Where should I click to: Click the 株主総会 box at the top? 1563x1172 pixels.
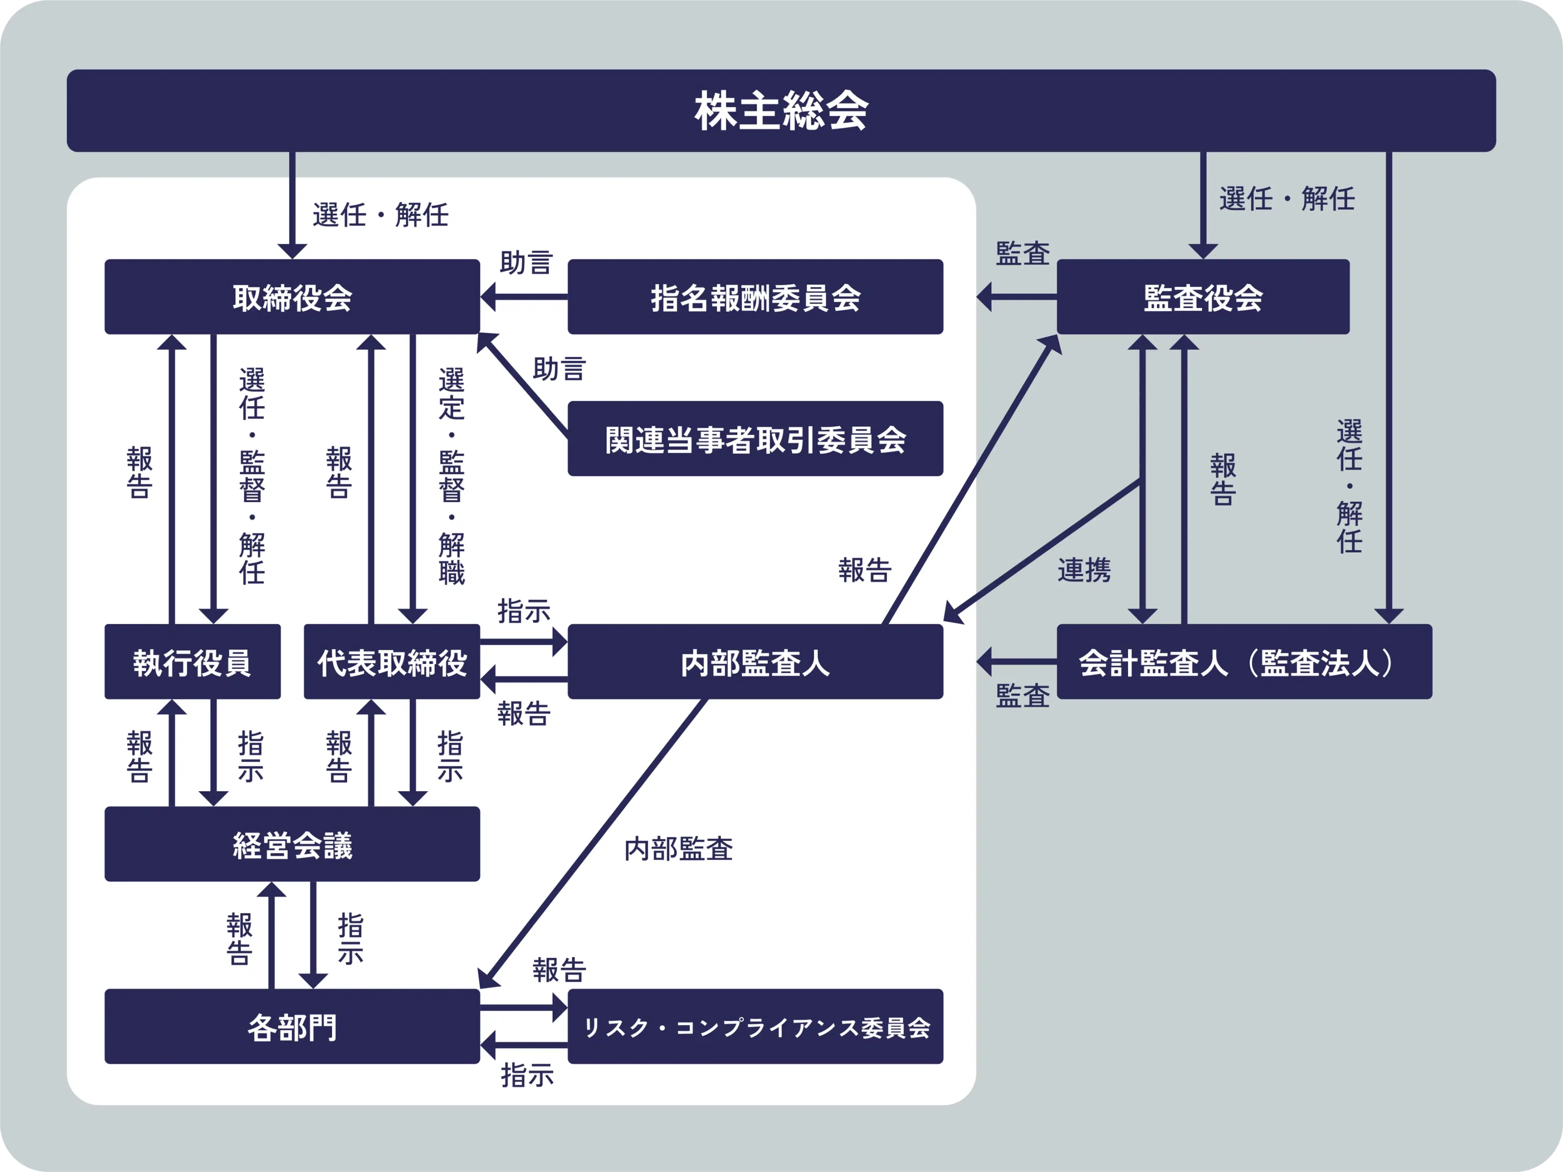(781, 111)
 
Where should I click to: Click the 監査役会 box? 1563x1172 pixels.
(1203, 297)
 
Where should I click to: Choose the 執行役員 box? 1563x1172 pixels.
(192, 662)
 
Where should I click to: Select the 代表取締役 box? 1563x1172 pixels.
(392, 662)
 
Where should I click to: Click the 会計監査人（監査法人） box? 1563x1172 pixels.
(1243, 662)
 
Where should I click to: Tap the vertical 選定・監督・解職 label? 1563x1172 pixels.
(451, 475)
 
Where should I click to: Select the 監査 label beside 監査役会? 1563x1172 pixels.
(1022, 253)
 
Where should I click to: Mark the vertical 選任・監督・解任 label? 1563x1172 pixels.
(252, 475)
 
